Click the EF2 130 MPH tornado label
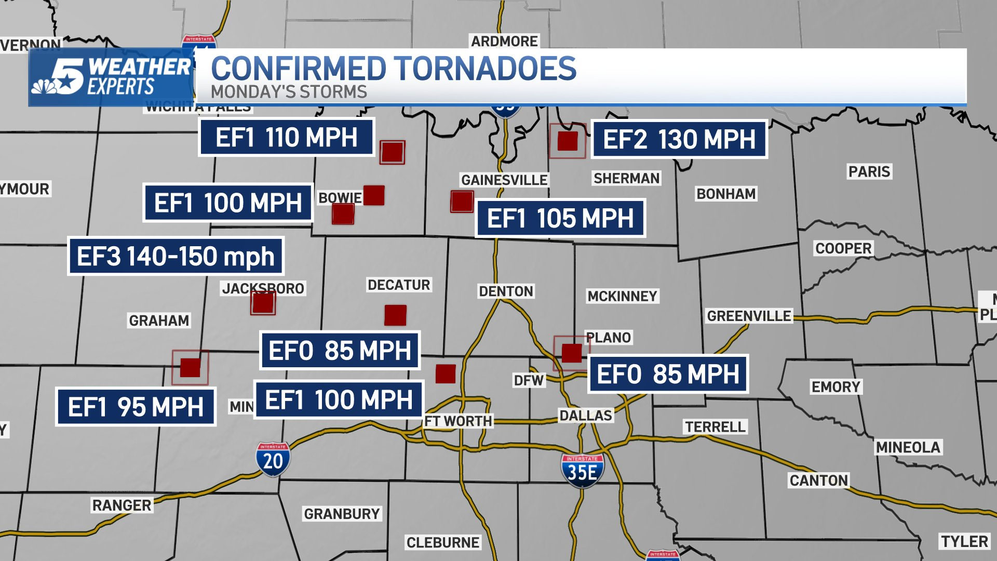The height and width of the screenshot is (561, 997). click(679, 139)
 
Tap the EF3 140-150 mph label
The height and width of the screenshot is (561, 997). click(176, 256)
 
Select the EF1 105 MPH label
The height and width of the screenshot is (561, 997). click(560, 218)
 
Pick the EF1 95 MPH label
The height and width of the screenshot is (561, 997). click(136, 407)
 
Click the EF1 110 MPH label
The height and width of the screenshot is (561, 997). click(286, 138)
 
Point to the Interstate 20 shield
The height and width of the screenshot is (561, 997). click(273, 459)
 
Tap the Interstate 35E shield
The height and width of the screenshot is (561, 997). click(582, 471)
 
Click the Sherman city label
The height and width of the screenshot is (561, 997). click(626, 178)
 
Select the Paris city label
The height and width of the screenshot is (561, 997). click(869, 171)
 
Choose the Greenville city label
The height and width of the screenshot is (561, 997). click(749, 315)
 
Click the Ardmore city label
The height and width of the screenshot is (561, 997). click(504, 41)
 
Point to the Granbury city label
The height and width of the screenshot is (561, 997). click(342, 514)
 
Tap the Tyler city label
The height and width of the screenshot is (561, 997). click(964, 541)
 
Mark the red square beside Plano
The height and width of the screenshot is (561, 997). click(571, 353)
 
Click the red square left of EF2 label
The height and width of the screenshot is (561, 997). click(567, 141)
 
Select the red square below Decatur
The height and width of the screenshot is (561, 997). click(395, 315)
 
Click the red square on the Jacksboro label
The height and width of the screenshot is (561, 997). click(263, 303)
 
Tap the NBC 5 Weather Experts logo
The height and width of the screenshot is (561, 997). click(111, 77)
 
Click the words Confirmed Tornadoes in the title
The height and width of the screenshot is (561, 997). click(394, 69)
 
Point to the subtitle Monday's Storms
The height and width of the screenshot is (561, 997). click(289, 92)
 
